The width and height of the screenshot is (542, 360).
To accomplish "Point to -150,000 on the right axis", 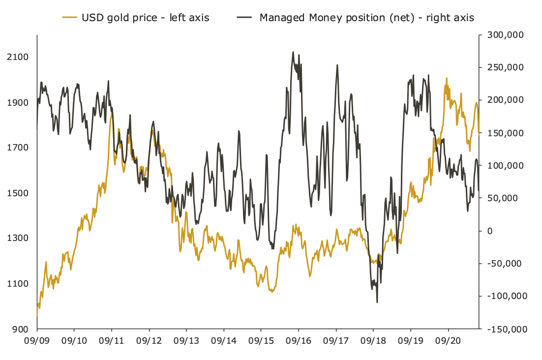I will [506, 329].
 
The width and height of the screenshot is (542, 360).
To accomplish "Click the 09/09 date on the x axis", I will [37, 340].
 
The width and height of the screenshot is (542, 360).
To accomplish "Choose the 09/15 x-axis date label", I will [261, 340].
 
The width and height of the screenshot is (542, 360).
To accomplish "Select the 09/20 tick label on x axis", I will [448, 340].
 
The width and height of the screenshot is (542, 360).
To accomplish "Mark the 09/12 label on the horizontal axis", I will [149, 340].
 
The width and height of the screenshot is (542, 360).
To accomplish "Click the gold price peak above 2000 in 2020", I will [447, 78].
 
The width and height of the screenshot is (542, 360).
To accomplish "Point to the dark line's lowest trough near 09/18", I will [377, 302].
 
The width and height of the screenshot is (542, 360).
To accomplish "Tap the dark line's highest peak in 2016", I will [293, 52].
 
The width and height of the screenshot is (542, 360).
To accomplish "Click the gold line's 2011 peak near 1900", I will [112, 113].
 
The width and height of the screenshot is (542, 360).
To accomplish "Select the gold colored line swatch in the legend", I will [69, 18].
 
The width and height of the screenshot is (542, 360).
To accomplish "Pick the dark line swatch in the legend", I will [244, 18].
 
